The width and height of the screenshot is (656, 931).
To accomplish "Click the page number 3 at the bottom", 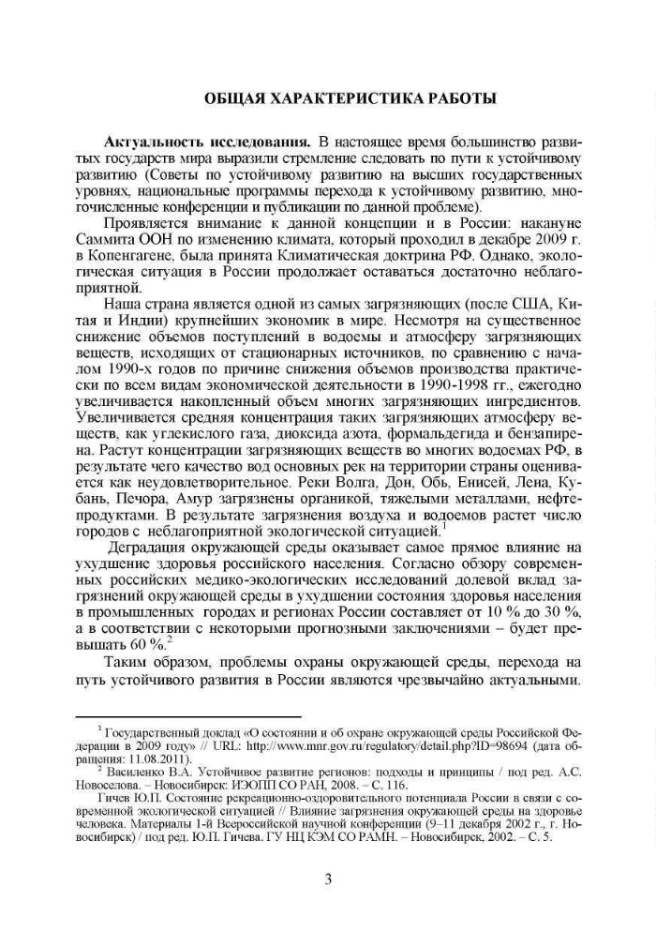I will [328, 878].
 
